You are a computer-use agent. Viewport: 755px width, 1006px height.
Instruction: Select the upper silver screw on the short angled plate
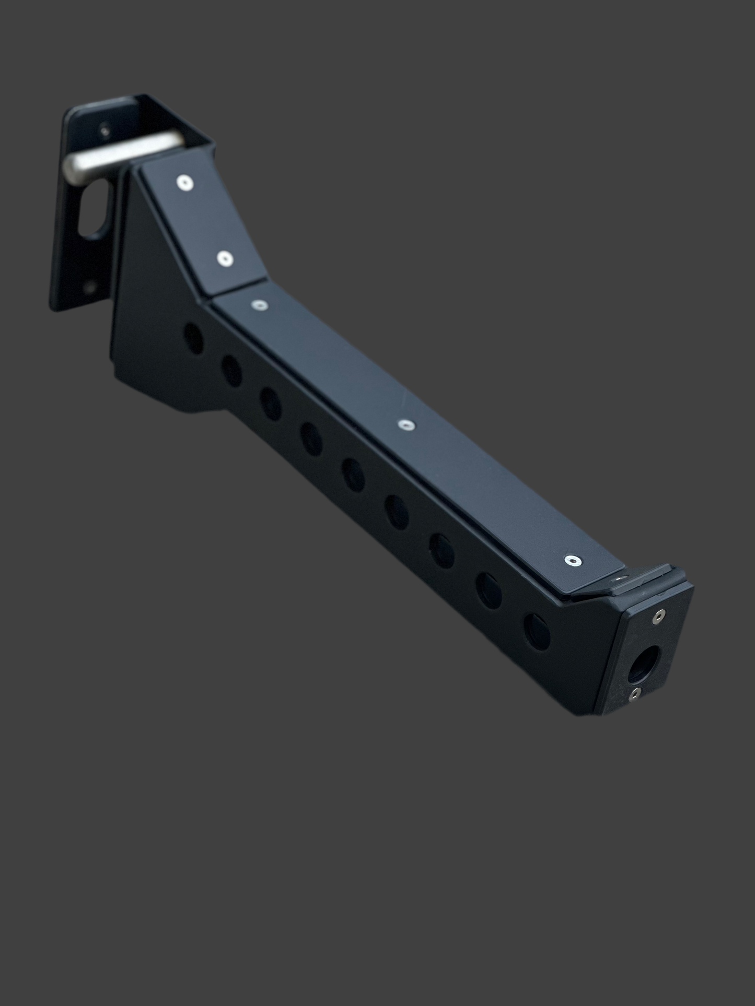[183, 182]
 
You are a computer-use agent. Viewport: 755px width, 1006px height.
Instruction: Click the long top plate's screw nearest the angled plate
[258, 304]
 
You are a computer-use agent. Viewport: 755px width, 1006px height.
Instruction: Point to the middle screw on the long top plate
[405, 425]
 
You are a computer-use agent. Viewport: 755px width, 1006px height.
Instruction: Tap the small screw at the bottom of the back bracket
[91, 286]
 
